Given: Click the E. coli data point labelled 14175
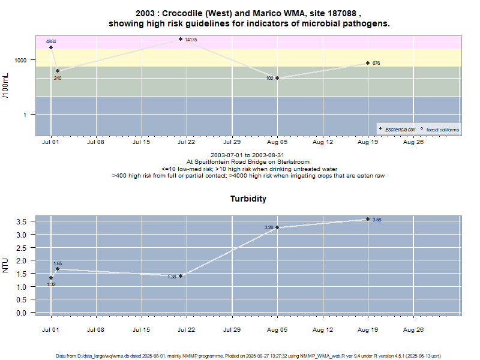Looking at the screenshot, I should pos(181,39).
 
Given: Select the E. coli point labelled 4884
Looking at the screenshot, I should pos(51,47).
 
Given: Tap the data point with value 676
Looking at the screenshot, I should pos(368,63).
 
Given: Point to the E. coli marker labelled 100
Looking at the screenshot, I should pos(277,78).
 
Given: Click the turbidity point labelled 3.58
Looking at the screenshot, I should pos(368,219).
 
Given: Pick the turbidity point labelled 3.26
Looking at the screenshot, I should pos(277,227).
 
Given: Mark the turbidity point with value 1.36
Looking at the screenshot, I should pos(181,276).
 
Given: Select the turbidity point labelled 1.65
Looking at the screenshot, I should pos(58,269).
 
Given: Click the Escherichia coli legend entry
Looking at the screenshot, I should pos(400,129).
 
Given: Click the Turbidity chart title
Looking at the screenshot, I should pos(248,199).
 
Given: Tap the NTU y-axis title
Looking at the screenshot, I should pos(6,265).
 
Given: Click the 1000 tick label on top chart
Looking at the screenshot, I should pos(21,60).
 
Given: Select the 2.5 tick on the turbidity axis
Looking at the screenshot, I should pos(22,247).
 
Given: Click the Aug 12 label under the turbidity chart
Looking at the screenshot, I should pos(323,329).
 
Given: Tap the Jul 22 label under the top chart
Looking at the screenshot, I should pos(187,142).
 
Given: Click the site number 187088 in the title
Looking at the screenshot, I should pos(341,13).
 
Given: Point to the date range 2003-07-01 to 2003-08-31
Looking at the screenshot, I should pos(248,155).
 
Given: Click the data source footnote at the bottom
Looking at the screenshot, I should pos(248,356).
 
